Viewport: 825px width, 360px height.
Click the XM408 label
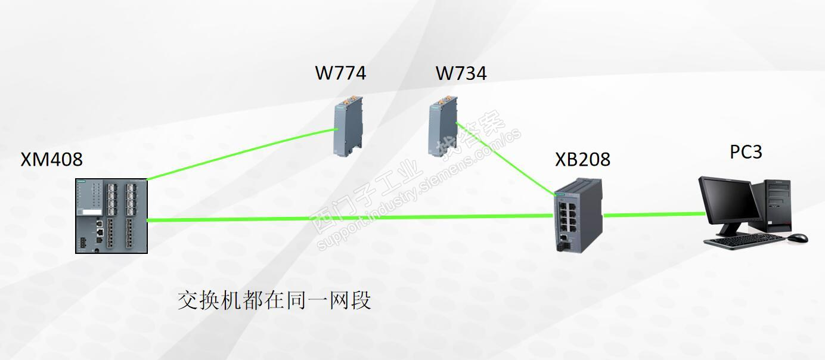[52, 160]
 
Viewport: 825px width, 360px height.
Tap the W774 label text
[340, 73]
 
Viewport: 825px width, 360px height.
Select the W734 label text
[461, 73]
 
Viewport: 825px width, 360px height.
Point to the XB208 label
[582, 160]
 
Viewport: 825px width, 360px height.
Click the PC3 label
[746, 152]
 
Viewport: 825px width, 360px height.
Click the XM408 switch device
[111, 216]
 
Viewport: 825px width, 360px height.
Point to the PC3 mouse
[797, 238]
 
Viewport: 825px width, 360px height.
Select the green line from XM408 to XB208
[352, 219]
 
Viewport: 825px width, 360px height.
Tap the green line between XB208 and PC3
[653, 215]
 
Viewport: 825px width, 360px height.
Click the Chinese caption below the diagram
[274, 300]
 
